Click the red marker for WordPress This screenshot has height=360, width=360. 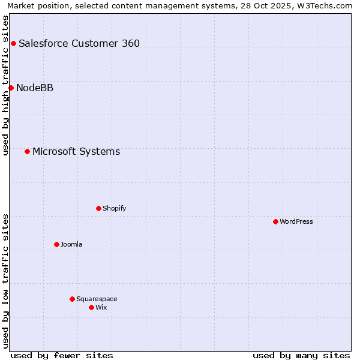(x=275, y=221)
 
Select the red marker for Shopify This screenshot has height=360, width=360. (x=98, y=208)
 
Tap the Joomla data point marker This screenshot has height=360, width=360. (x=56, y=244)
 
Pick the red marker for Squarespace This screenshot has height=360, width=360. (x=72, y=299)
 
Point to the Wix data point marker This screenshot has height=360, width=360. (x=91, y=307)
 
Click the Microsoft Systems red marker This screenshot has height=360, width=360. (x=27, y=151)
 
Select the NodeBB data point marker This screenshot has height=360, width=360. (x=11, y=88)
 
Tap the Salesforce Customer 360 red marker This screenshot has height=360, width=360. (x=13, y=43)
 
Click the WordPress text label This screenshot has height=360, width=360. (x=296, y=221)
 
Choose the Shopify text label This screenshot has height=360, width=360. (x=114, y=208)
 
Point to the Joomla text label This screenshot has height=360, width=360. (x=71, y=244)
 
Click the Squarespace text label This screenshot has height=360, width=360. (x=97, y=299)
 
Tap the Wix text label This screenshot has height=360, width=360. (x=101, y=307)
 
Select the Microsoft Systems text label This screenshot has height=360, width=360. (x=76, y=151)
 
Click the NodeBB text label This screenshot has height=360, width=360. (x=35, y=88)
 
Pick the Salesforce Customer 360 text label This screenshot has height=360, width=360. (x=79, y=43)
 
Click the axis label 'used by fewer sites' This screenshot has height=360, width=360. (x=62, y=355)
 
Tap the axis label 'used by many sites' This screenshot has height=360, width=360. (x=301, y=355)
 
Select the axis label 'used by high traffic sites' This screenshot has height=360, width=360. (x=5, y=85)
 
